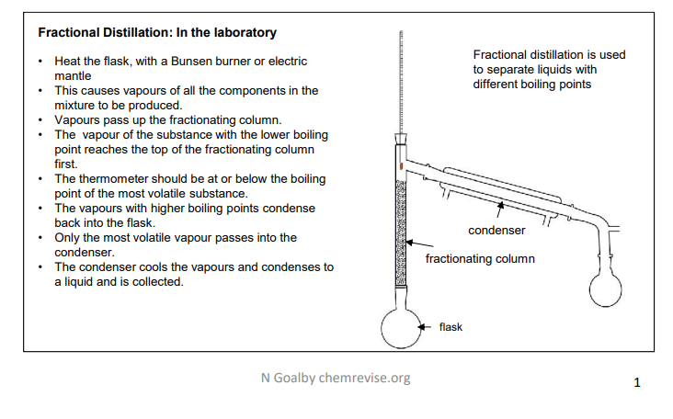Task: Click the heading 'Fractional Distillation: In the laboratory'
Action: point(156,33)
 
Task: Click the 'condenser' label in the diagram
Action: point(496,230)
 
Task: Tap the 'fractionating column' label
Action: point(480,259)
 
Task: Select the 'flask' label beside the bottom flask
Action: point(451,326)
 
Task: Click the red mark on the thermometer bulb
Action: point(401,165)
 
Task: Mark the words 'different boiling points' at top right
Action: point(532,85)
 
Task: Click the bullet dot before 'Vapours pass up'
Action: point(41,120)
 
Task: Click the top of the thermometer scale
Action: point(401,33)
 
